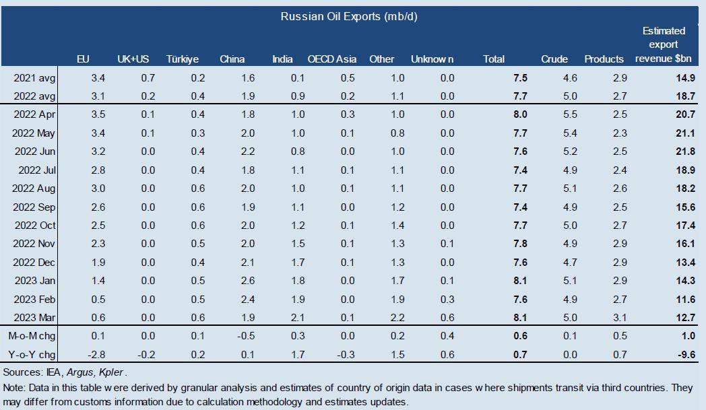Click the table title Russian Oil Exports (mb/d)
pyautogui.click(x=349, y=16)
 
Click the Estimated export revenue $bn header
pyautogui.click(x=664, y=44)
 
